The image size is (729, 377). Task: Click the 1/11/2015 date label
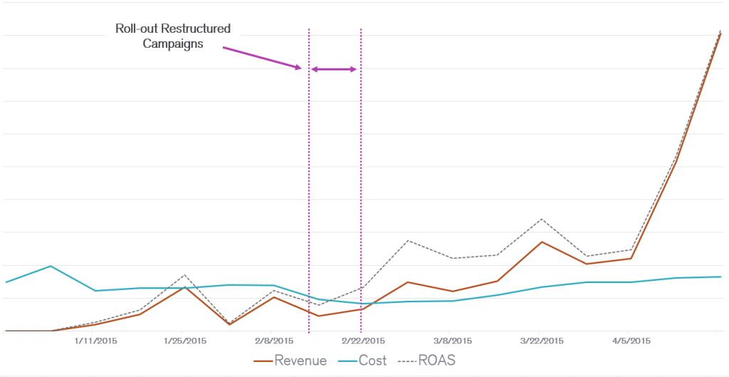pos(95,341)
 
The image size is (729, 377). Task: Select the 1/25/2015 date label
pos(184,341)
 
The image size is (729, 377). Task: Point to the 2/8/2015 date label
pos(273,341)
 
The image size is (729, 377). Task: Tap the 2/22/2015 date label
pos(362,341)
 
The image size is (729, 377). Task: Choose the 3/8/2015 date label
pos(451,341)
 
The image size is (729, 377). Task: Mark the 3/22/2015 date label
pos(542,341)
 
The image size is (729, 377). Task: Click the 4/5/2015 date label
pos(630,341)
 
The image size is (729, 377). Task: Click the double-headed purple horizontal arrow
pos(335,69)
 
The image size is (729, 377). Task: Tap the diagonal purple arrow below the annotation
pos(262,58)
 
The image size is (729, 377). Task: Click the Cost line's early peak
pos(50,266)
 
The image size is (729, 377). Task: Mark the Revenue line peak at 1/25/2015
pos(185,287)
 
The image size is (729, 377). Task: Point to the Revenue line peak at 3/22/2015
pos(542,242)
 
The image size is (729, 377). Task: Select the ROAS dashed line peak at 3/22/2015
pos(542,219)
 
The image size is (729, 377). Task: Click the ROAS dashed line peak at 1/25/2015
pos(185,274)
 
